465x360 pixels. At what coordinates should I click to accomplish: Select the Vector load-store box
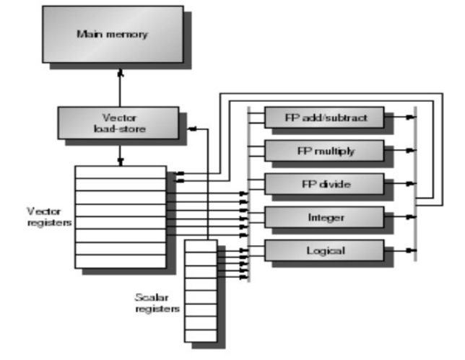[117, 123]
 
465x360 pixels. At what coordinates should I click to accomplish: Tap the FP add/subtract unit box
[323, 117]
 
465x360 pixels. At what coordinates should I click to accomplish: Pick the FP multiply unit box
[323, 151]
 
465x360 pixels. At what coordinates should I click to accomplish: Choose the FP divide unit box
[323, 185]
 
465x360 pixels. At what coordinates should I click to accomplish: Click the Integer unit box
[323, 217]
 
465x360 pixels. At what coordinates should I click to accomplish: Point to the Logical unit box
[323, 251]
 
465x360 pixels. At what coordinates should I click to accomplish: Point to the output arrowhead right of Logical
[412, 251]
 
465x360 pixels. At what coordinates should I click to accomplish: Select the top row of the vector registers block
[120, 172]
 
